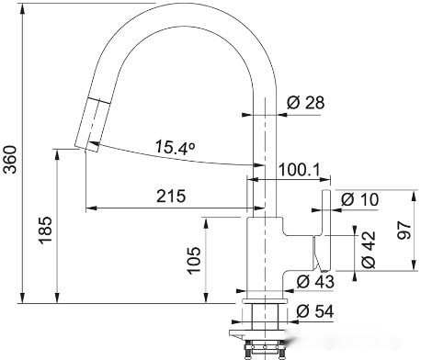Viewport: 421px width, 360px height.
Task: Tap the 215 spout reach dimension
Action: (170, 196)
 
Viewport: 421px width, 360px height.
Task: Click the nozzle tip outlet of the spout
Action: (82, 144)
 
